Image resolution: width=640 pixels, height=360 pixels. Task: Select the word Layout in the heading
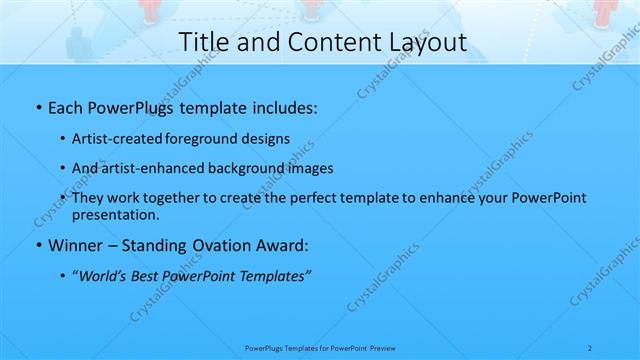[419, 42]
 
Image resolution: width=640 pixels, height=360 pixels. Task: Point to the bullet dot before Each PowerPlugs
[38, 106]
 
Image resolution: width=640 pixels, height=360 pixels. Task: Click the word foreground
[202, 138]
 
